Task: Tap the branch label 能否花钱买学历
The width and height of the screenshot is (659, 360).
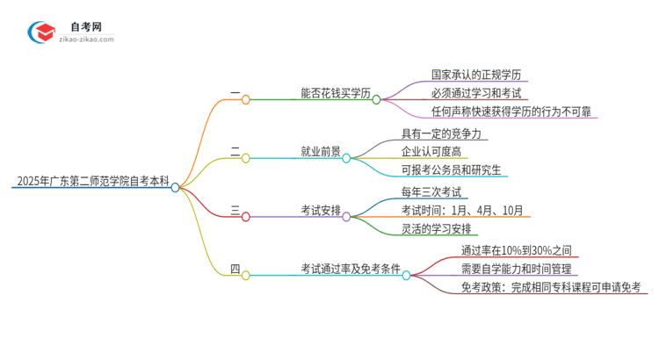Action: [x=335, y=92]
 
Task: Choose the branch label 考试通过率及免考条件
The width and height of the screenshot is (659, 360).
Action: [x=350, y=269]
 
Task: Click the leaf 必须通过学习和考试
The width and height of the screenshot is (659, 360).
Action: [x=475, y=93]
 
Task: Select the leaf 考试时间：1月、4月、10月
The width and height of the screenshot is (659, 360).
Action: [x=462, y=211]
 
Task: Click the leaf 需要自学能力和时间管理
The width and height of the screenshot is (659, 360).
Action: [x=516, y=269]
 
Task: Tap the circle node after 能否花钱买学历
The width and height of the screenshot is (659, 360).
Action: [x=376, y=99]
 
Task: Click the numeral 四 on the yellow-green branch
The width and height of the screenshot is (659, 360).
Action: [x=235, y=269]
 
